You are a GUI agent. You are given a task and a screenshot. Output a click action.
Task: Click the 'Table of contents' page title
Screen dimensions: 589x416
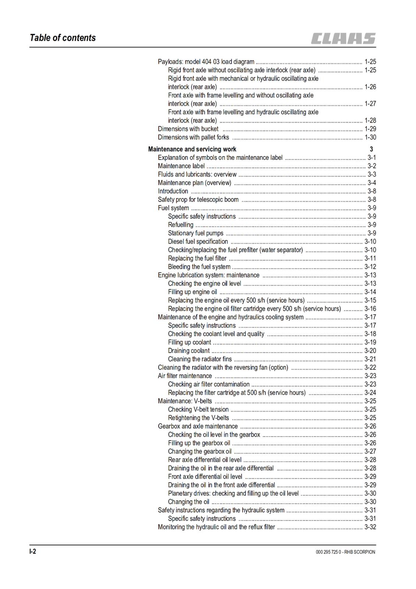[x=63, y=38]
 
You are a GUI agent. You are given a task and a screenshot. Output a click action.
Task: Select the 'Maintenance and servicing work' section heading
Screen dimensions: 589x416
[x=192, y=149]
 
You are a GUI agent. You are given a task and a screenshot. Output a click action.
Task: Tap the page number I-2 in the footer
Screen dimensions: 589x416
[x=33, y=551]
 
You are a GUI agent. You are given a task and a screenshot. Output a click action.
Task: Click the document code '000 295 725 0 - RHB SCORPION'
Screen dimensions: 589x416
[x=345, y=552]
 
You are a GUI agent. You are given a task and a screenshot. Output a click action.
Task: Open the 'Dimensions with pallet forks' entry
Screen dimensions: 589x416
[x=193, y=137]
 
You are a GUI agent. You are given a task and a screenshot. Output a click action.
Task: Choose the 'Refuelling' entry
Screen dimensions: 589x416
[x=180, y=225]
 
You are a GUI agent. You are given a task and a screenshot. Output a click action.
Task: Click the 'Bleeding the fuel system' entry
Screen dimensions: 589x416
[x=199, y=267]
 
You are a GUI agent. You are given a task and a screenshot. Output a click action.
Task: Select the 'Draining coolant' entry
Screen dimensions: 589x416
[x=188, y=350]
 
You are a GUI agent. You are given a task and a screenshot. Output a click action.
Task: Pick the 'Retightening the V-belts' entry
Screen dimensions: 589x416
[x=198, y=418]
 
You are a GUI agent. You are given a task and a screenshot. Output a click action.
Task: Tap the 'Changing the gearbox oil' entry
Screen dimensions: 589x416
[x=200, y=451]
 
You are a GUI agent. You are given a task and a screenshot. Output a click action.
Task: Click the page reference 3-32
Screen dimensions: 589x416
[x=370, y=527]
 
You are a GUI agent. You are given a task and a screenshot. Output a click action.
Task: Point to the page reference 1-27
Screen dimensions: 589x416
[x=370, y=103]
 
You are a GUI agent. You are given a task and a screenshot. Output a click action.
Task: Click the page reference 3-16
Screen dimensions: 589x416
[x=370, y=308]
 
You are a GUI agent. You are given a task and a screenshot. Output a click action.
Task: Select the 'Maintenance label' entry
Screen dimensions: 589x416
[x=181, y=166]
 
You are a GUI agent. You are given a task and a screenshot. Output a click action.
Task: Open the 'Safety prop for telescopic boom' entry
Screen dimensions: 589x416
[x=198, y=200]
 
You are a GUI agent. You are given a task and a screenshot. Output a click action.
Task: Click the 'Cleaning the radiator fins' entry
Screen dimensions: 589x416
[x=200, y=359]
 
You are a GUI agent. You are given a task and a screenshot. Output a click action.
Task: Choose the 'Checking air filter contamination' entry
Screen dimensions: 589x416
[x=209, y=384]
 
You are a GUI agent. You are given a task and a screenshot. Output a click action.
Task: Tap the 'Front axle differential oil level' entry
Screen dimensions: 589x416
[x=205, y=476]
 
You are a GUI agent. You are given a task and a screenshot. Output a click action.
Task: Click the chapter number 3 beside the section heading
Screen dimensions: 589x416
[x=371, y=149]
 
